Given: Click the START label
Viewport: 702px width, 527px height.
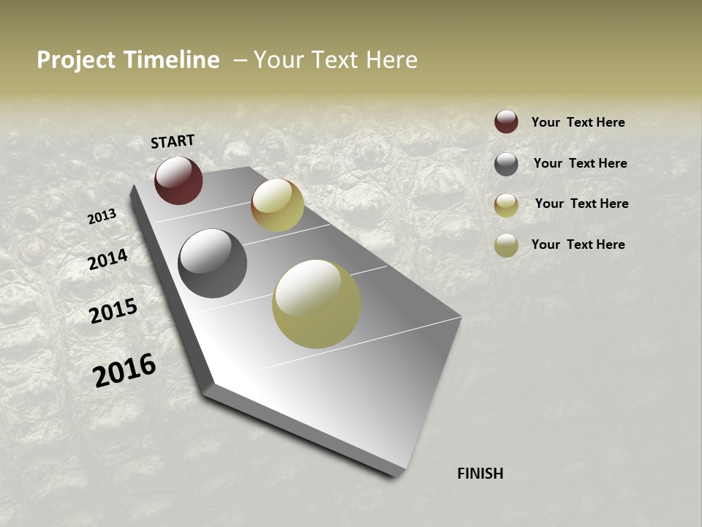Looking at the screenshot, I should (173, 141).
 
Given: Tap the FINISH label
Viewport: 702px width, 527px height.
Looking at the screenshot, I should (480, 474).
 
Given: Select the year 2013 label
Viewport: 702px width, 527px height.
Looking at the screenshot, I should (102, 217).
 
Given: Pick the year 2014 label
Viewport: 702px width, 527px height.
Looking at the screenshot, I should (108, 260).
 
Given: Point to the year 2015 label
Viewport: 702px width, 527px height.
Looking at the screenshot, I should (113, 311).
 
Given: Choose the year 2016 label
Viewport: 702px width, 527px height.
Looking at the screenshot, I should (124, 370).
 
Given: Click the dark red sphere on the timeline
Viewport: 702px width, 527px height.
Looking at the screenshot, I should (178, 180).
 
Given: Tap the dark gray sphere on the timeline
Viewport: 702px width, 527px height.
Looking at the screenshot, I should (212, 263).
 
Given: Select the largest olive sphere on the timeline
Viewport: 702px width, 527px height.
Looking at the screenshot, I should (317, 304).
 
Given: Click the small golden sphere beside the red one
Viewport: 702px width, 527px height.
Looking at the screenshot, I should (277, 205).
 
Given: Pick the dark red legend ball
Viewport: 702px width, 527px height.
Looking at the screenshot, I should (506, 122).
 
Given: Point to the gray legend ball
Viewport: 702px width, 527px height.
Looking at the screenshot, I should (506, 164).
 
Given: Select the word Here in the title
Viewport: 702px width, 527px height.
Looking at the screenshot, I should (391, 60).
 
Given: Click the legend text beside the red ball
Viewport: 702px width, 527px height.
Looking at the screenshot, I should (578, 122).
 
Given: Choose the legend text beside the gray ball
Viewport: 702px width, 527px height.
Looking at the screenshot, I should (580, 163).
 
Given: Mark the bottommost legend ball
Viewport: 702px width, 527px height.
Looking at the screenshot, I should (506, 246).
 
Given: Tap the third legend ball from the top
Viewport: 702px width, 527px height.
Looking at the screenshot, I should (506, 205).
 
